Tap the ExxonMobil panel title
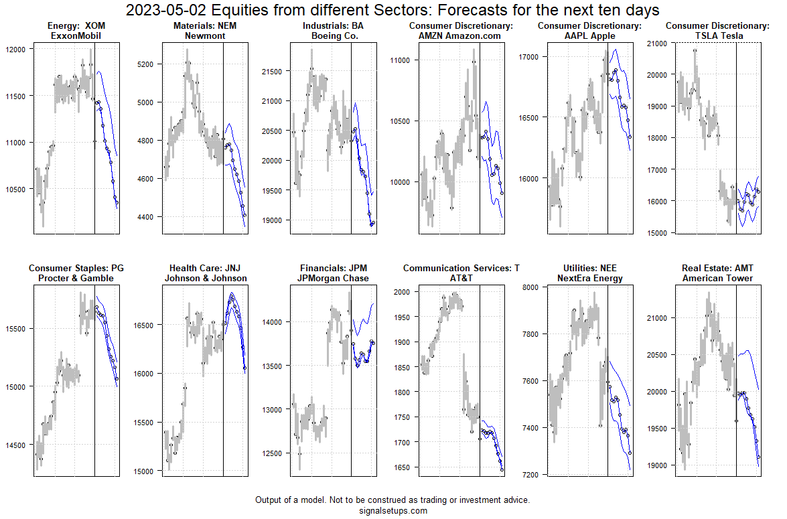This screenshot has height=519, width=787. point(76,35)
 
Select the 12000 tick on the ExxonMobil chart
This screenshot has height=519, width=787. point(16,50)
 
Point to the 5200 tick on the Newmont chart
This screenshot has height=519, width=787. point(145,64)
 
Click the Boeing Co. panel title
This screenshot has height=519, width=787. point(334,35)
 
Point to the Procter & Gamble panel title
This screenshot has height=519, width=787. point(76,278)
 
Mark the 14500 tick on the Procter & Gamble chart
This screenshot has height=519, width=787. point(16,445)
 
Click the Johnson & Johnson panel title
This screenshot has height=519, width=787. point(206,278)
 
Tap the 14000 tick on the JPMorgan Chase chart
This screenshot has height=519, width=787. point(273,322)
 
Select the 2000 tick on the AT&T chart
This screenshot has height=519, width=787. point(403,292)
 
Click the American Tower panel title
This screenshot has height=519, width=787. point(717,278)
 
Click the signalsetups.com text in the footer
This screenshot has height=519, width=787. point(393,510)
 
